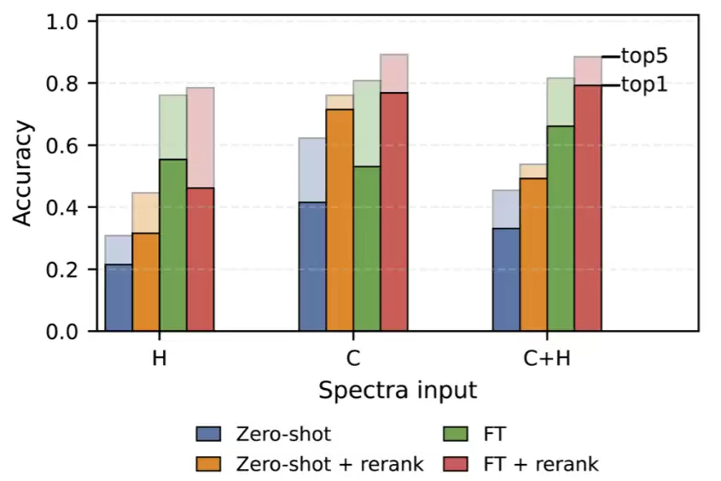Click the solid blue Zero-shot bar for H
[x=119, y=298]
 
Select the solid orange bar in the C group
[x=340, y=219]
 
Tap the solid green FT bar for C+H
[x=561, y=228]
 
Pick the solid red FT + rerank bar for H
[x=201, y=259]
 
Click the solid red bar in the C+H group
[x=588, y=207]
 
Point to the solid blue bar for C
[x=312, y=266]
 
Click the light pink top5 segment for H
[x=201, y=137]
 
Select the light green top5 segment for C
[x=367, y=123]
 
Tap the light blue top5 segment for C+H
[x=506, y=209]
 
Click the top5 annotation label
[x=644, y=56]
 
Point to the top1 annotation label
[x=644, y=85]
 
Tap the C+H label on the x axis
[x=547, y=358]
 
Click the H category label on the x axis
[x=160, y=358]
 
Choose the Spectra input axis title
[x=398, y=391]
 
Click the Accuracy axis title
[x=22, y=173]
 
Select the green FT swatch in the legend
[x=456, y=434]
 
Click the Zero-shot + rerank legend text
[x=329, y=464]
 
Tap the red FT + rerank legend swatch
[x=456, y=464]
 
